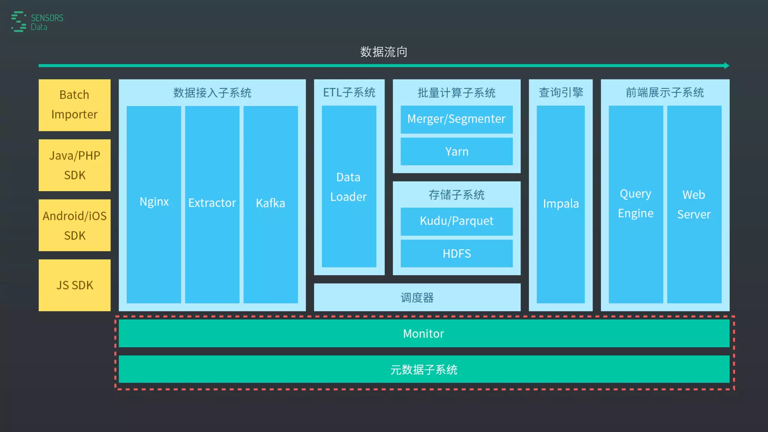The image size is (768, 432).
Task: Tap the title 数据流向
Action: [383, 52]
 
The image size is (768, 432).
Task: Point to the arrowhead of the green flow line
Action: [726, 66]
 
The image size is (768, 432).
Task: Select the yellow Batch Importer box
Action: [74, 105]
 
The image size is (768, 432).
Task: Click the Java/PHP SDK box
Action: [74, 165]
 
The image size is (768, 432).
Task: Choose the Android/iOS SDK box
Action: [74, 225]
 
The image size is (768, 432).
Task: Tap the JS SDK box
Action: [74, 285]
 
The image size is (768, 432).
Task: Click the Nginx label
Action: [154, 202]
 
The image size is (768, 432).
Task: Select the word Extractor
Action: [212, 203]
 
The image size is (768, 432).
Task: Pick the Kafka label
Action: [270, 203]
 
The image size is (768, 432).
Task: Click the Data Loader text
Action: [348, 187]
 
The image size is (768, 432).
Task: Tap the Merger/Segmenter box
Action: [456, 119]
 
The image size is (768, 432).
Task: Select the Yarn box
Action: [456, 151]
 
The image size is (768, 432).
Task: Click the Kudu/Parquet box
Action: [456, 221]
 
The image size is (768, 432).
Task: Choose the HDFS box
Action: [456, 253]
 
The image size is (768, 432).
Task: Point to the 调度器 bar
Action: [417, 297]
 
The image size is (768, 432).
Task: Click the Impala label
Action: [561, 204]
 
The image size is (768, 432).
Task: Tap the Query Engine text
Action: [636, 203]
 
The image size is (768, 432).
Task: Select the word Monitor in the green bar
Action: [423, 333]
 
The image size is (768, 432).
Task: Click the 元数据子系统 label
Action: [423, 370]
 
